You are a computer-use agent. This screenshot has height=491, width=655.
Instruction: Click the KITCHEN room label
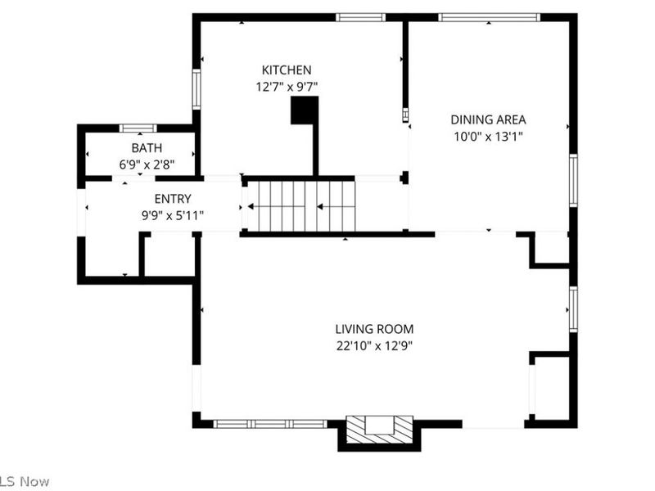coord(286,70)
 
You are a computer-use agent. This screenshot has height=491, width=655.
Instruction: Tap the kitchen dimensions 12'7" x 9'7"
coord(286,86)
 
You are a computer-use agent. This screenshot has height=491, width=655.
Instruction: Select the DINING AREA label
coord(488,119)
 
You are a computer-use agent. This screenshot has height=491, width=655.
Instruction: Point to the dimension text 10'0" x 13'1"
coord(488,136)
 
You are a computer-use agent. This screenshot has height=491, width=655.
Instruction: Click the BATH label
coord(147,148)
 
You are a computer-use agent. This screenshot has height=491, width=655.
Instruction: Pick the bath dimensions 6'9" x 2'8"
coord(147,164)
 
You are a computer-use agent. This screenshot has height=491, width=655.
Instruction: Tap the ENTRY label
coord(173,199)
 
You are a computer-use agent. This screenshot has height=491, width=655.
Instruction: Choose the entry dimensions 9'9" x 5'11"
coord(173,215)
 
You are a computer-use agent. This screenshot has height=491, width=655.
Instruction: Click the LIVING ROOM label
coord(374,329)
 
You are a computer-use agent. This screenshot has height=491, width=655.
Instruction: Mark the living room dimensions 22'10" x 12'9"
coord(374,345)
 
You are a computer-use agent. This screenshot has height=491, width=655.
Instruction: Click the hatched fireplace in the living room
coord(378,429)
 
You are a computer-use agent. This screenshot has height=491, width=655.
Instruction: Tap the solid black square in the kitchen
coord(305,110)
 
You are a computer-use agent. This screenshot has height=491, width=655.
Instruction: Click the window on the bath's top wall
coord(138,128)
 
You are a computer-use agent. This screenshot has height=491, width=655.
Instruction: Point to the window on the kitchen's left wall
coord(196,88)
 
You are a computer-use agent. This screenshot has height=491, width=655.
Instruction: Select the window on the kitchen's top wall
coord(360,17)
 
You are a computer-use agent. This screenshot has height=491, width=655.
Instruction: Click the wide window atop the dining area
coord(488,17)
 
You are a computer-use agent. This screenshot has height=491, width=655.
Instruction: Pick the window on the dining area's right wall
coord(573,180)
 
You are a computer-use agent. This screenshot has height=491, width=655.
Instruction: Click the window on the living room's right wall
coord(573,309)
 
